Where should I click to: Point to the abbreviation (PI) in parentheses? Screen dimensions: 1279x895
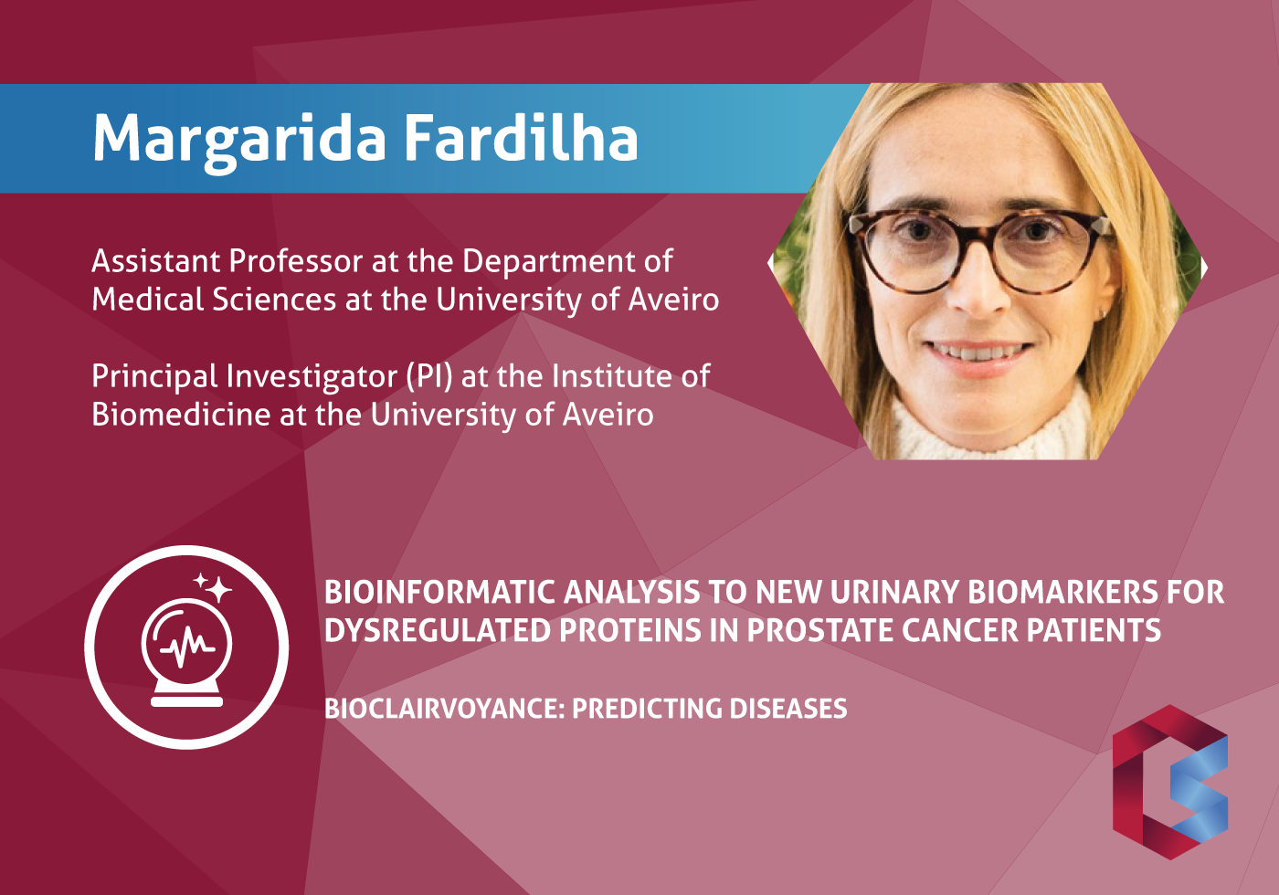[x=428, y=377]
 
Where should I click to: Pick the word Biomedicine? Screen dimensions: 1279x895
[x=181, y=415]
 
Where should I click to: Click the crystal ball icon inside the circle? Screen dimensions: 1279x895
[x=186, y=654]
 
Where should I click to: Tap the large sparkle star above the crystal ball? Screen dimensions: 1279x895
[x=218, y=589]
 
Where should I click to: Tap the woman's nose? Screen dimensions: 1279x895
[x=979, y=289]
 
